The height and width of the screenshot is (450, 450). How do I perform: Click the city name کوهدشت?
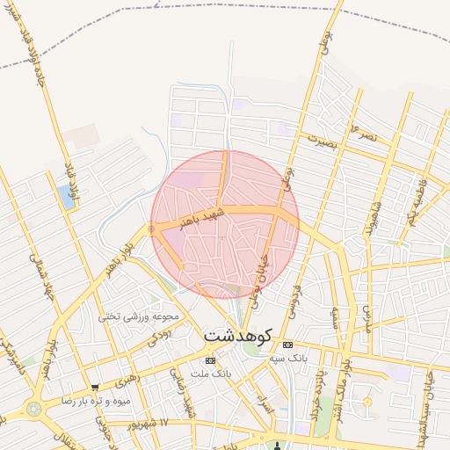pos(238,336)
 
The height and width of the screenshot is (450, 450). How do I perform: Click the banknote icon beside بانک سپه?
pos(287,345)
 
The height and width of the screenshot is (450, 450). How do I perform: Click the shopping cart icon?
pos(94,387)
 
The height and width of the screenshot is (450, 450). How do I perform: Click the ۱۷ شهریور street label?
pos(163,425)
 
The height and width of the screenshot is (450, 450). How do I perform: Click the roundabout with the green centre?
pos(33,409)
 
